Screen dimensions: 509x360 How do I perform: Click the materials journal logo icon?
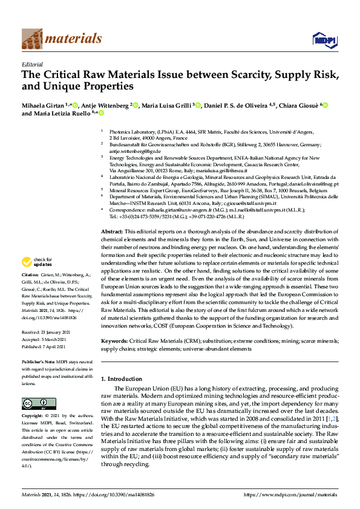click(x=32, y=39)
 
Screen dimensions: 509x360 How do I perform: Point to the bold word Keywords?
click(x=114, y=341)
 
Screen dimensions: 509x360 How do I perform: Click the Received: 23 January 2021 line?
click(x=48, y=332)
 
